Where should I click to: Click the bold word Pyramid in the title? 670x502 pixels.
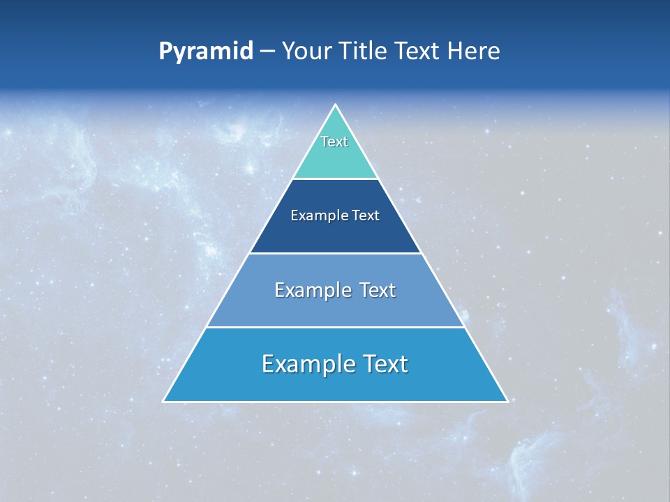pyautogui.click(x=206, y=52)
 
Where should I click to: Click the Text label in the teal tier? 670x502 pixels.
pyautogui.click(x=334, y=142)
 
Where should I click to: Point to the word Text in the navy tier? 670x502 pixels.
pyautogui.click(x=366, y=215)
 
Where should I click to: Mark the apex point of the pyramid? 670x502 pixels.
pyautogui.click(x=335, y=106)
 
